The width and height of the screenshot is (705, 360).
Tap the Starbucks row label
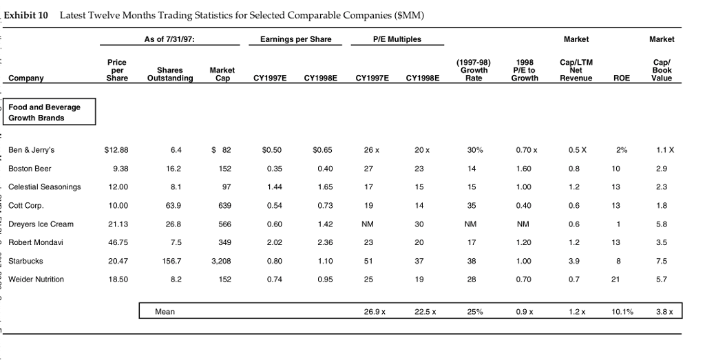coord(25,261)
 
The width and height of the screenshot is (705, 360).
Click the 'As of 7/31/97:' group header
coord(169,39)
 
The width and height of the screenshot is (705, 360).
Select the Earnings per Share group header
coord(296,39)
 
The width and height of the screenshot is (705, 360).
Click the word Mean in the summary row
coord(165,312)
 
